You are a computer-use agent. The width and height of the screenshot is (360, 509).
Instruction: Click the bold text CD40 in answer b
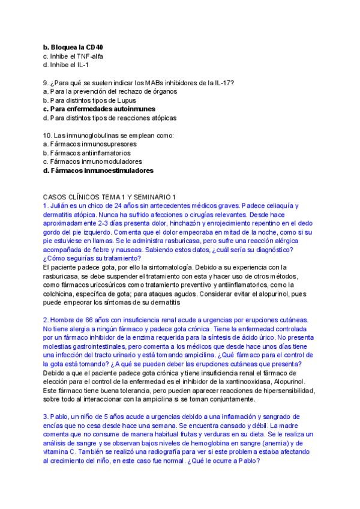tap(102, 47)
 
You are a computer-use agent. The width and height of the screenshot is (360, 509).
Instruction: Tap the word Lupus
tap(123, 100)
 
